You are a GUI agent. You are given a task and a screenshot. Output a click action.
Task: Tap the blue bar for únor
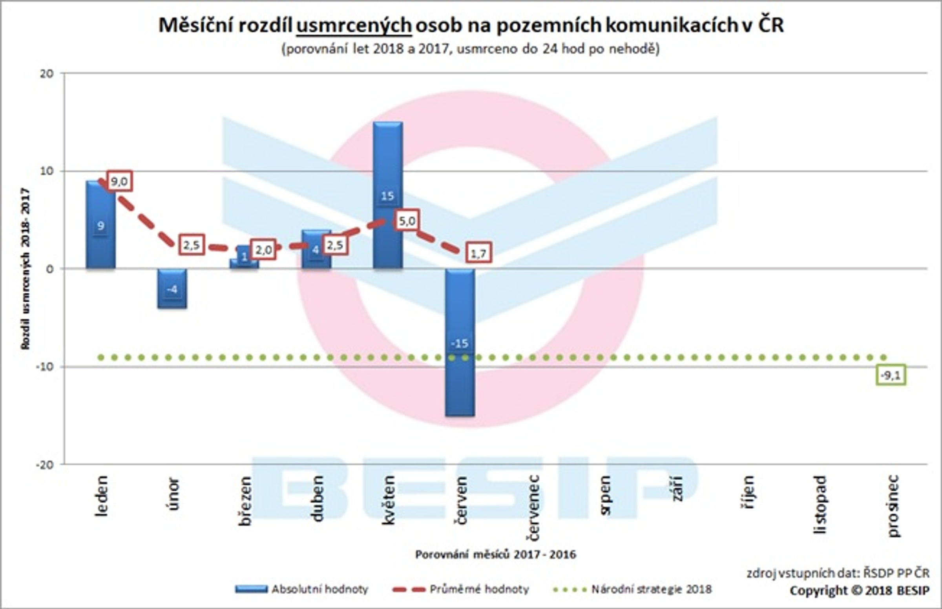coord(172,289)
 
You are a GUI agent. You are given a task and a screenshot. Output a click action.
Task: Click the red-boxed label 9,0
coord(119,182)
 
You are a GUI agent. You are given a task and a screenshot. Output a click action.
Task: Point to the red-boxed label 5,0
coord(407,221)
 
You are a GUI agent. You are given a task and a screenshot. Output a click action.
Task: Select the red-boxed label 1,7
coord(478,253)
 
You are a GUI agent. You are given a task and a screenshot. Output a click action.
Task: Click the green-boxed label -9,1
coord(891,375)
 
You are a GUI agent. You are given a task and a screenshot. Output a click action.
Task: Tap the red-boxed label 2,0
coord(263,250)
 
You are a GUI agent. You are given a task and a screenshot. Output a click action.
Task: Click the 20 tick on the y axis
coord(46,74)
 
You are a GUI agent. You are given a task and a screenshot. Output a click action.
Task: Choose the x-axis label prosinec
coord(893,506)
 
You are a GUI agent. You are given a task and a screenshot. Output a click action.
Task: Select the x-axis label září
coord(677,489)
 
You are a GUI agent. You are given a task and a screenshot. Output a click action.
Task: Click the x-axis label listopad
coord(821,505)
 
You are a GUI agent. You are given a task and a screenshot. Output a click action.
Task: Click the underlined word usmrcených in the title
coord(354,25)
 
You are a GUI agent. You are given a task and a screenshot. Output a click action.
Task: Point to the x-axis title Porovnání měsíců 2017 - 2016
coord(495,554)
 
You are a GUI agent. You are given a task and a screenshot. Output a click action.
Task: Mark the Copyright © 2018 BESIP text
coord(859,591)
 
